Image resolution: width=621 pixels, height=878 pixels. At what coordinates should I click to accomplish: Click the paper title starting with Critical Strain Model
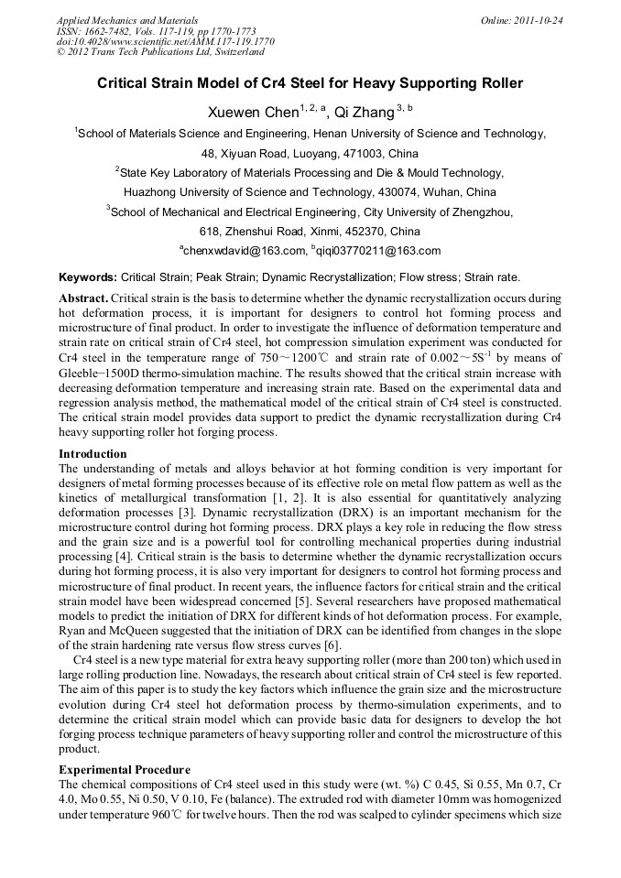[x=310, y=83]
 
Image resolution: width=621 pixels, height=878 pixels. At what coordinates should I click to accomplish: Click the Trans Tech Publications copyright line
[x=153, y=52]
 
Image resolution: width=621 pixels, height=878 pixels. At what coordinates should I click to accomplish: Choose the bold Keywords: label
[x=88, y=276]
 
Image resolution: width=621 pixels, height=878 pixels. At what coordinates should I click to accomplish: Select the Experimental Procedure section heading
[x=124, y=770]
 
